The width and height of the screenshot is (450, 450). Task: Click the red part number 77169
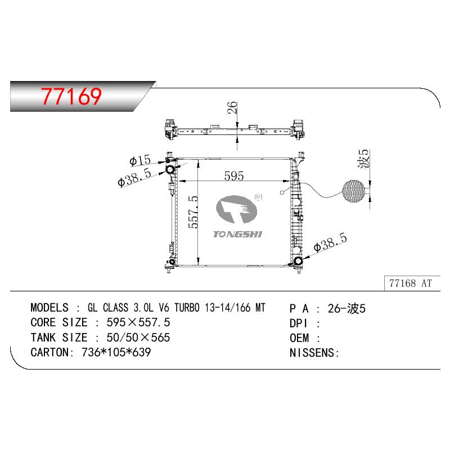click(x=71, y=96)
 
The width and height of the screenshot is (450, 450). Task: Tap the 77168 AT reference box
click(x=412, y=283)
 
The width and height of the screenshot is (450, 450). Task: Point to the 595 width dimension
click(x=234, y=175)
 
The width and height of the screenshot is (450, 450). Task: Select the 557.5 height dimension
click(x=193, y=212)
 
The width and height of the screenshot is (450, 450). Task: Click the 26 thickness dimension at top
click(x=232, y=107)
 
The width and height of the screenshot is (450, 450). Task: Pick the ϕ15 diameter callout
click(x=140, y=160)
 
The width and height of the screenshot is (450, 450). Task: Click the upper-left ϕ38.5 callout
click(x=134, y=178)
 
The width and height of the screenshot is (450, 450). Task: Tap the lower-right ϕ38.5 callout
click(x=330, y=242)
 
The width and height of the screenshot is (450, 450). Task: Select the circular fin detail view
click(x=354, y=191)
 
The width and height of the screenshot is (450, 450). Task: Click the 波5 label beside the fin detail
click(x=363, y=159)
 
